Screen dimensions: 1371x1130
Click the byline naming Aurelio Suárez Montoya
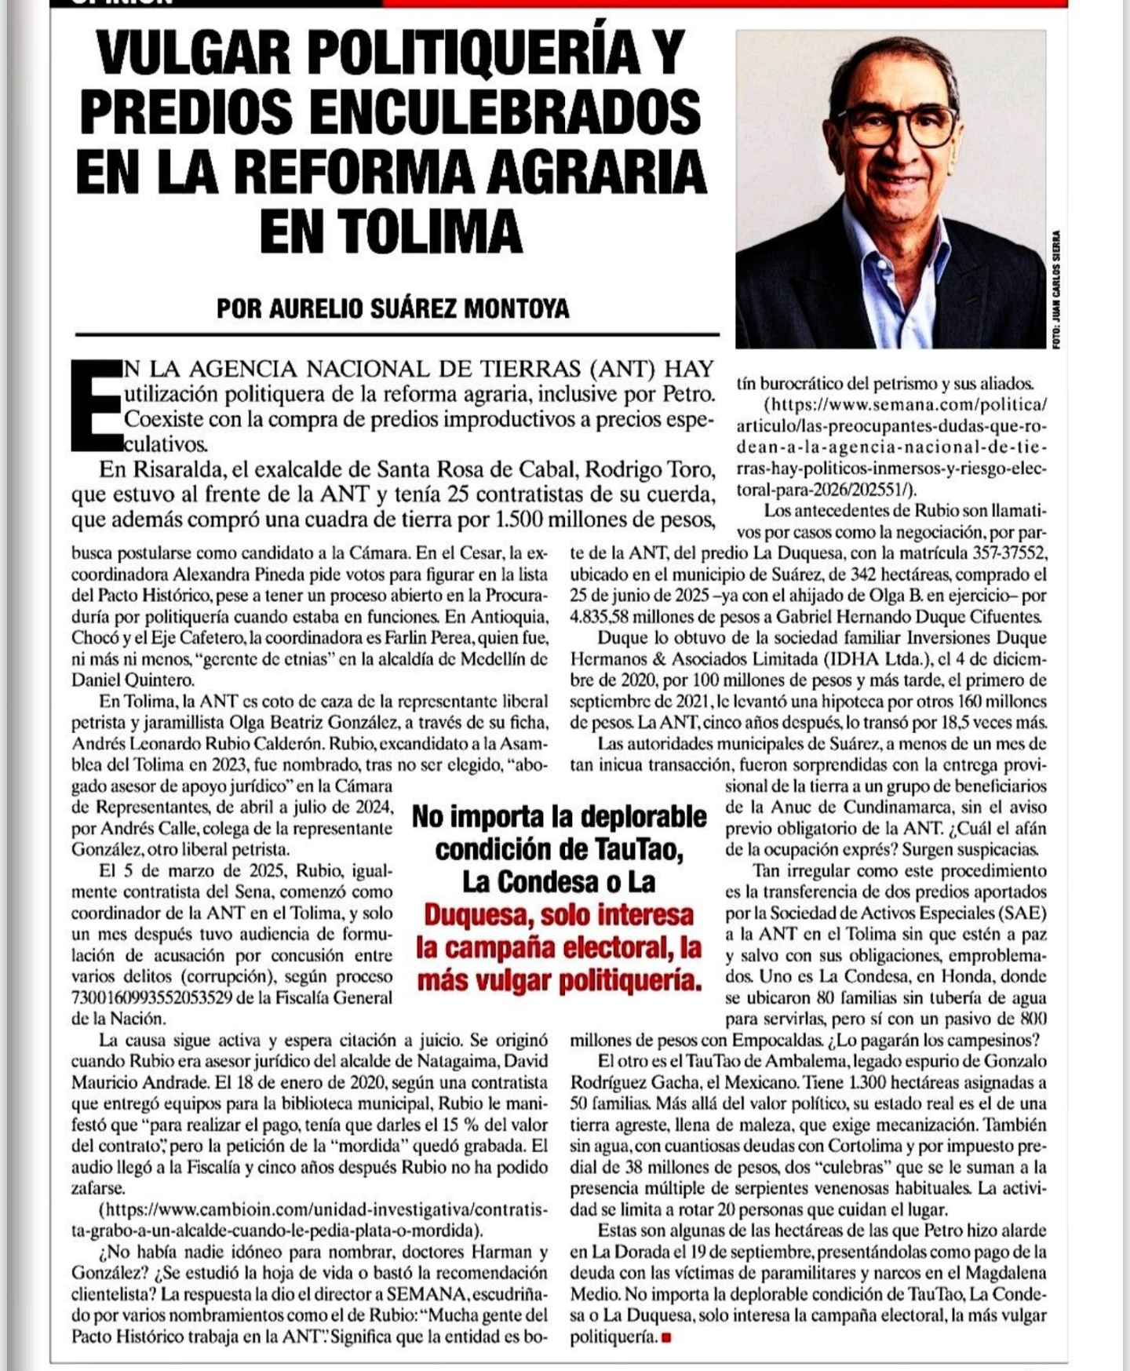(x=392, y=308)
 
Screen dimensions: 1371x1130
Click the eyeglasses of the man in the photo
(x=898, y=126)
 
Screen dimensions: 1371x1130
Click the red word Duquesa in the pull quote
(x=479, y=915)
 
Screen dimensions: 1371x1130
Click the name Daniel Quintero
(x=133, y=680)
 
